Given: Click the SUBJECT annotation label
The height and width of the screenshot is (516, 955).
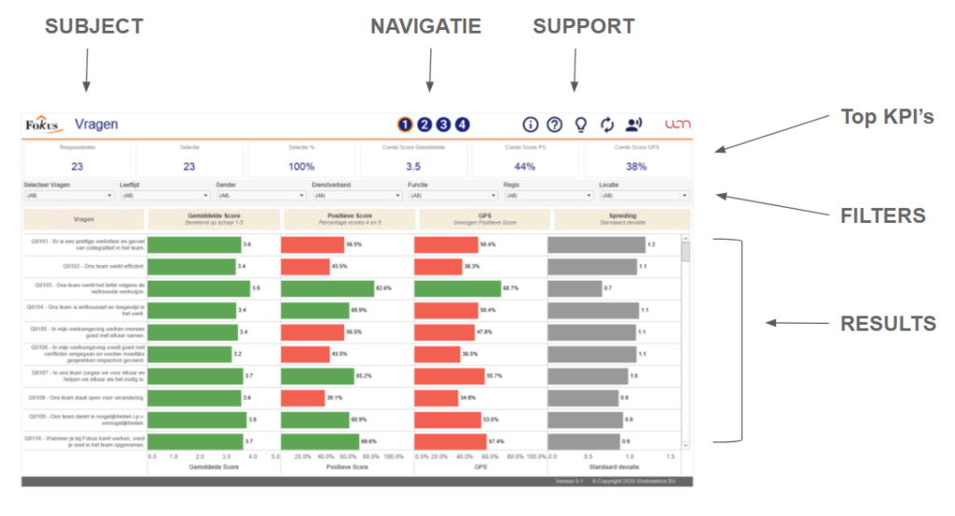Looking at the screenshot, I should point(94,27).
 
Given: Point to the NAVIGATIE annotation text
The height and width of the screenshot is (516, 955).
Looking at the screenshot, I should point(425,27).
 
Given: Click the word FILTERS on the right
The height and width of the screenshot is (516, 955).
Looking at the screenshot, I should point(883,216).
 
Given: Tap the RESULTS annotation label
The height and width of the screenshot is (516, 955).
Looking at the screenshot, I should point(888,324).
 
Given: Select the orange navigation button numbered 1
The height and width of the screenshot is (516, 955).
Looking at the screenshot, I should point(405,125).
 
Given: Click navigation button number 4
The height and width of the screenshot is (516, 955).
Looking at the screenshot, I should point(463,125).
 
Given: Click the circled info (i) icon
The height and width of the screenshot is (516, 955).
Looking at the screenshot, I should point(531,125).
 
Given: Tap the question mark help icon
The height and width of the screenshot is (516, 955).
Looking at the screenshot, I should point(555,125).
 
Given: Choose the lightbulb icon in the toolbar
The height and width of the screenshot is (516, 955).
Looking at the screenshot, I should point(580,125).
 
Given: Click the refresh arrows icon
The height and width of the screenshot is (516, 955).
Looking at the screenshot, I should point(607,125).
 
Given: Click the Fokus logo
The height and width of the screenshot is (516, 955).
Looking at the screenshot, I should point(42,125).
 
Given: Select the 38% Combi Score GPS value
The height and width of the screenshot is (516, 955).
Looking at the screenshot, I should point(636,166).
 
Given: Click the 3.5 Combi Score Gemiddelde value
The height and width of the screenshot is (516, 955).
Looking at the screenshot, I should point(413,166).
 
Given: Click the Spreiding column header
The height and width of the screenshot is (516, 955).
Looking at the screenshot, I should point(622,219).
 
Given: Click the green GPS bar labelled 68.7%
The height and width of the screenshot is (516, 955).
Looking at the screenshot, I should point(457,288).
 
